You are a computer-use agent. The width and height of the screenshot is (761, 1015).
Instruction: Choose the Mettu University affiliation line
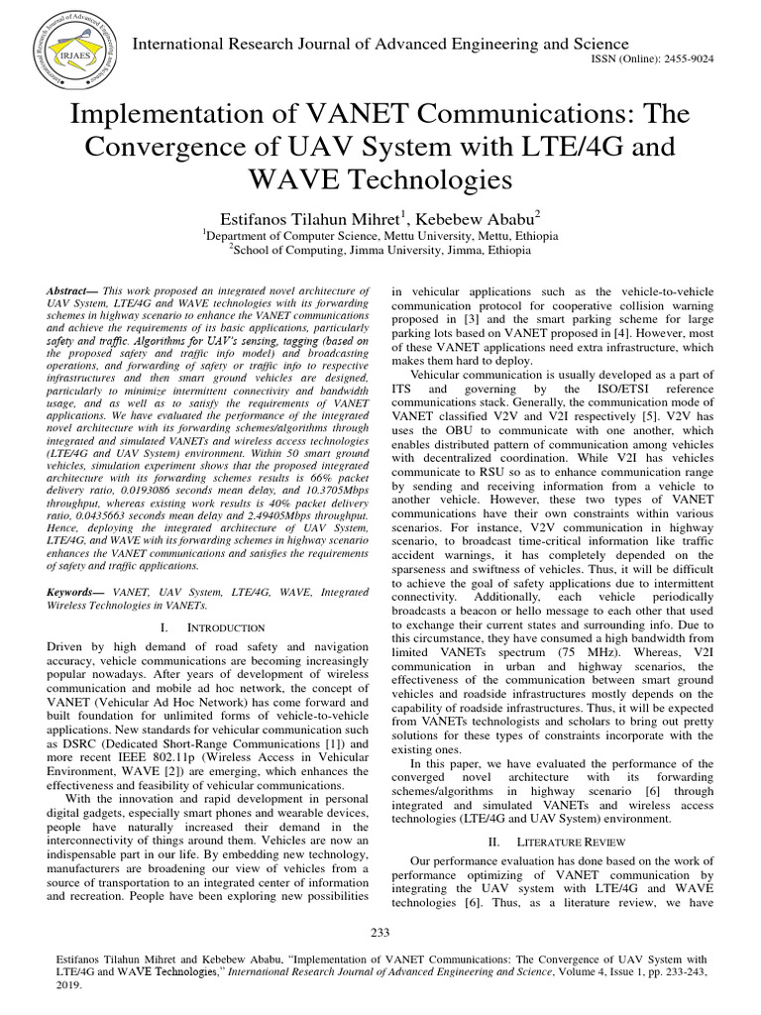380,237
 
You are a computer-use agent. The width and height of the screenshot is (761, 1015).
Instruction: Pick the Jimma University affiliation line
380,252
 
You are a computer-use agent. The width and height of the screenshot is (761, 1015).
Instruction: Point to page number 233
380,933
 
